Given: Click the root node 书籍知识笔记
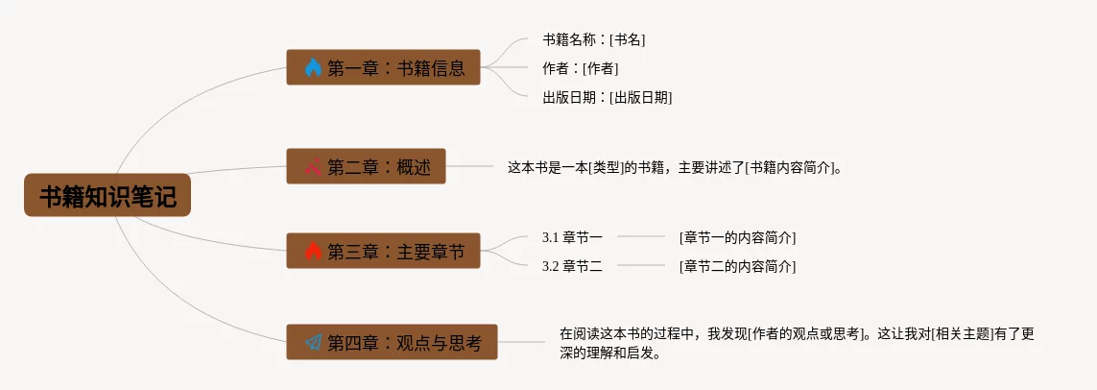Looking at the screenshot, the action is pyautogui.click(x=107, y=196).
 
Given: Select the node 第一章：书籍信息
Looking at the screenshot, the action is pyautogui.click(x=383, y=67).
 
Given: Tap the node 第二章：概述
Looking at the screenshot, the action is pyautogui.click(x=366, y=166).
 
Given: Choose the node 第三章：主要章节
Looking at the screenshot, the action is pyautogui.click(x=383, y=251).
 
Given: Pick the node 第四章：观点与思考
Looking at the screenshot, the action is pyautogui.click(x=392, y=342).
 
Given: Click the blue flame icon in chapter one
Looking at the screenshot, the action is pyautogui.click(x=313, y=67).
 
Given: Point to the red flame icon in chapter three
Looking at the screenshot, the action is pyautogui.click(x=313, y=251).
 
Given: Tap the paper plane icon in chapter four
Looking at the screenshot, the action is pyautogui.click(x=313, y=342).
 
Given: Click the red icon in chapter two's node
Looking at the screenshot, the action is pyautogui.click(x=313, y=166).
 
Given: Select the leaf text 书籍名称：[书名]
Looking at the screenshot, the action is pyautogui.click(x=593, y=39).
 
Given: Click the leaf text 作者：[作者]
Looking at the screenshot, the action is pyautogui.click(x=580, y=68).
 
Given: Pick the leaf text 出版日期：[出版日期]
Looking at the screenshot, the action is pyautogui.click(x=607, y=97).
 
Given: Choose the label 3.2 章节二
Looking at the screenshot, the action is pyautogui.click(x=572, y=266).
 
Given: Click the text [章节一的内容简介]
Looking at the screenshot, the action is pyautogui.click(x=737, y=237).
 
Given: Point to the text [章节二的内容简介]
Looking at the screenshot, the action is pyautogui.click(x=737, y=266).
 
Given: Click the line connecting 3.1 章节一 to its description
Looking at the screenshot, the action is pyautogui.click(x=641, y=236).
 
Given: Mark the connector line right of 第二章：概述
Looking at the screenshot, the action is pyautogui.click(x=470, y=166).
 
